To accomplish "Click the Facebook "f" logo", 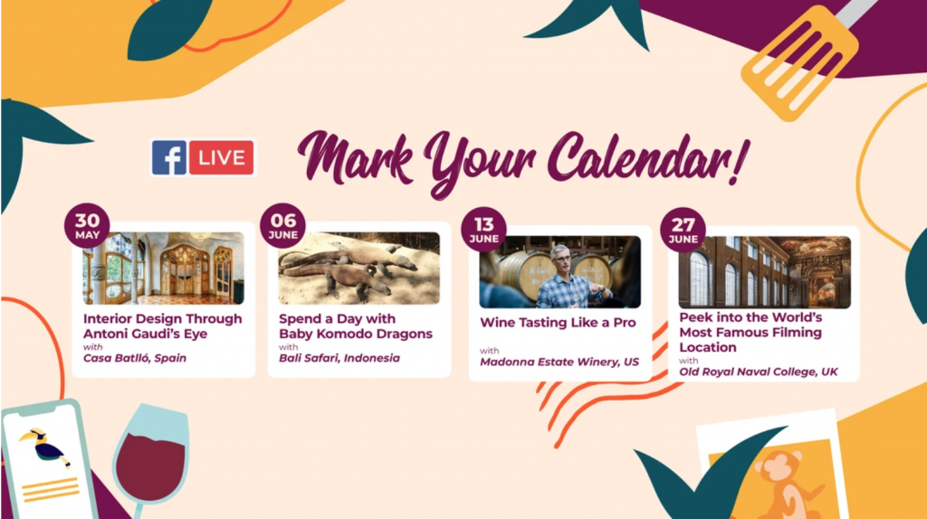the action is click(x=169, y=157).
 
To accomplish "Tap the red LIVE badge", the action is click(x=221, y=157).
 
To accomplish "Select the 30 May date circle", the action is click(x=87, y=225).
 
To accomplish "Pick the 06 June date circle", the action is click(x=282, y=225).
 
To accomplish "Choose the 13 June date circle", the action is click(x=483, y=229).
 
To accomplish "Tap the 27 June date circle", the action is click(x=683, y=229).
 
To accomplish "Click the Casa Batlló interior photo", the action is click(x=164, y=269).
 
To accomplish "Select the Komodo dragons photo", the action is click(x=358, y=269).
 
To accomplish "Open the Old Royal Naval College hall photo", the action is click(x=764, y=272).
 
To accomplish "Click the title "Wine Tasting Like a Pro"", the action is click(x=558, y=323).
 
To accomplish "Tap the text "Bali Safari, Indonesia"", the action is click(x=339, y=358).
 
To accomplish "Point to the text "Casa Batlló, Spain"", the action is click(x=135, y=358).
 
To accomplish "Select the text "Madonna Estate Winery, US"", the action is click(x=559, y=362).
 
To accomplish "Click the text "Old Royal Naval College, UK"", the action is click(x=759, y=372).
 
